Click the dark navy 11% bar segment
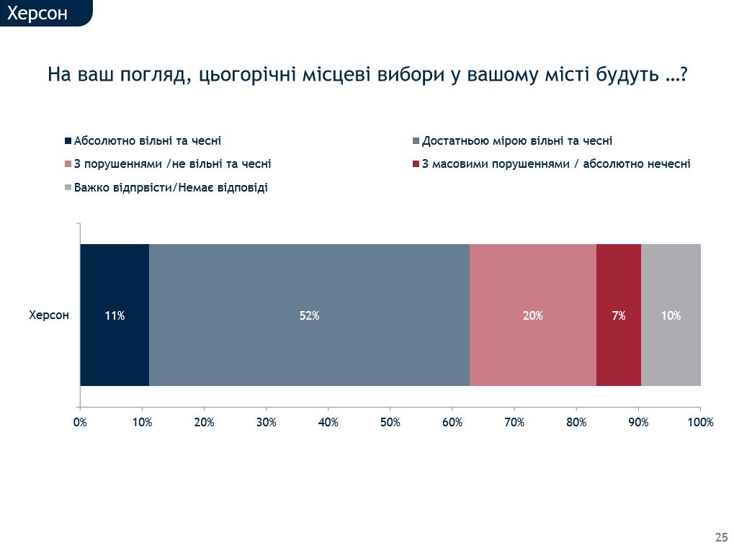tap(115, 315)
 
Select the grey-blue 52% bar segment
tap(309, 315)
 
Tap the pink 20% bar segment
tap(533, 315)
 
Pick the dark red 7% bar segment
tap(619, 315)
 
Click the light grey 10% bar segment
tap(671, 315)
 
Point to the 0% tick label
tap(80, 423)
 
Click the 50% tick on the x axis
tap(390, 423)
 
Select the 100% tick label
tap(700, 423)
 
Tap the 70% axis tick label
tap(514, 423)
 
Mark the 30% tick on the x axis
tap(266, 423)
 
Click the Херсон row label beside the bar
tap(49, 315)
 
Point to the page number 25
tap(721, 537)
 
